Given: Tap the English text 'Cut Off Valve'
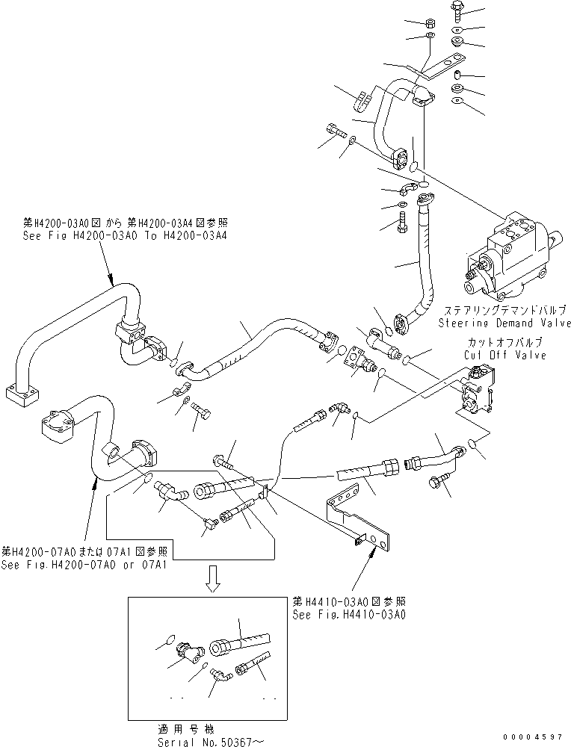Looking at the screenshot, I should (x=506, y=355).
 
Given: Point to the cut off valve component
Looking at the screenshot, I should (x=474, y=393).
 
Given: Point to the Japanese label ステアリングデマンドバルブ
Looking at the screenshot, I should (x=505, y=310).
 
